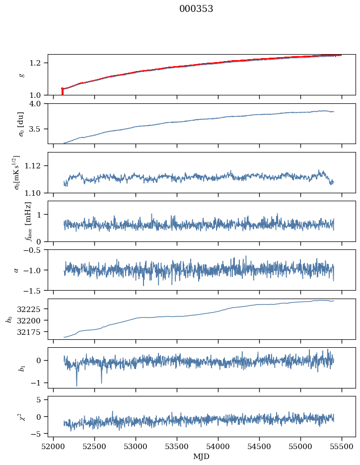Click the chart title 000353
tap(196, 9)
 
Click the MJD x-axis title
tap(202, 457)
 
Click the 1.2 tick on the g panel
tap(39, 63)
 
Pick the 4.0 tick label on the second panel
tap(39, 103)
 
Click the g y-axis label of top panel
tap(21, 75)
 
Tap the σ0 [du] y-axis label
tap(21, 124)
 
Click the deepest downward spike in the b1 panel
tap(76, 385)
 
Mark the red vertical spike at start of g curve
tap(62, 91)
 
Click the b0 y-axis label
tap(8, 318)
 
